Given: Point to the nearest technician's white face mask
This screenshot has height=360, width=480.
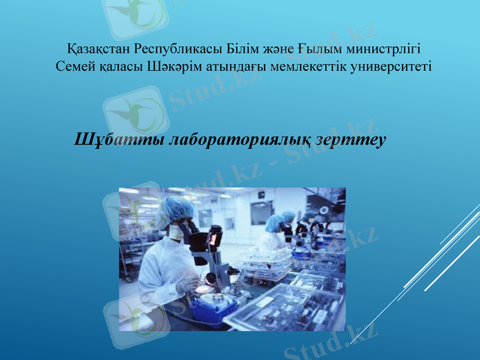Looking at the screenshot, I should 175,232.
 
